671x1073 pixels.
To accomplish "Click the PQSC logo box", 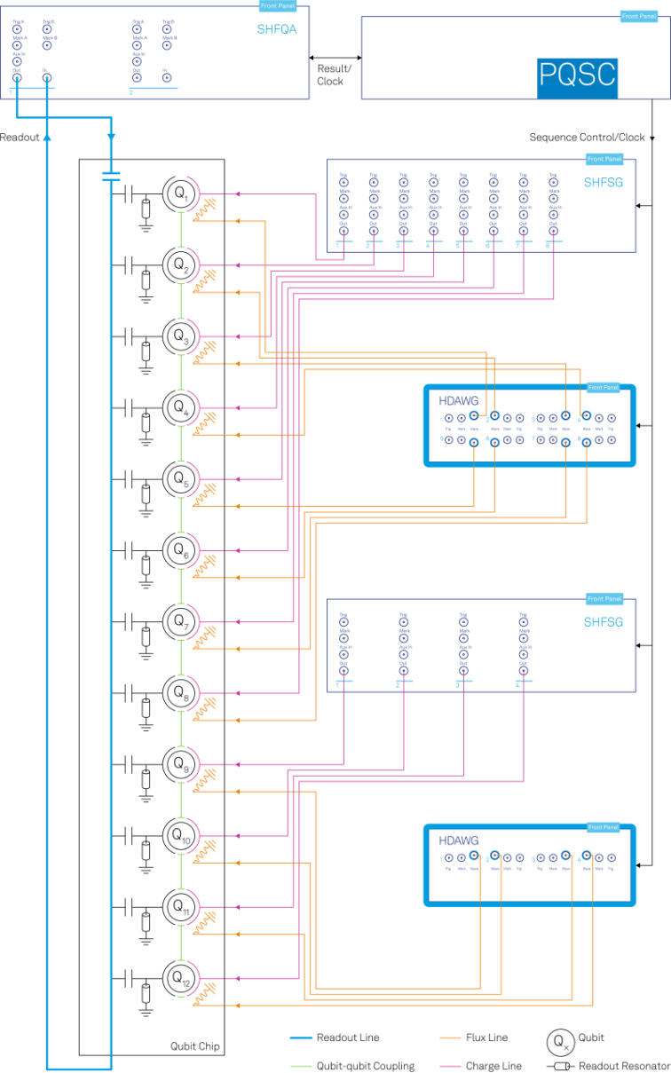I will [x=577, y=75].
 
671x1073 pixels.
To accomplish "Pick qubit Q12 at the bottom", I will [x=180, y=977].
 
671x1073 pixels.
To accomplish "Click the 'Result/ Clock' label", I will [x=334, y=75].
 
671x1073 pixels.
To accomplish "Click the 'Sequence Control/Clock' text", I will [x=587, y=138].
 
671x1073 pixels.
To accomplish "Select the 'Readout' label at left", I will [x=20, y=138].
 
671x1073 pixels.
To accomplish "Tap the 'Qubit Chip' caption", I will [x=194, y=1046].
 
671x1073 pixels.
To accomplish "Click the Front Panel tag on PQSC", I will [x=638, y=16].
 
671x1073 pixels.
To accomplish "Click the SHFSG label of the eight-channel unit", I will [x=604, y=184].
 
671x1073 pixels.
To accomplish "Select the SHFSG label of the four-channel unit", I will [x=604, y=622].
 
